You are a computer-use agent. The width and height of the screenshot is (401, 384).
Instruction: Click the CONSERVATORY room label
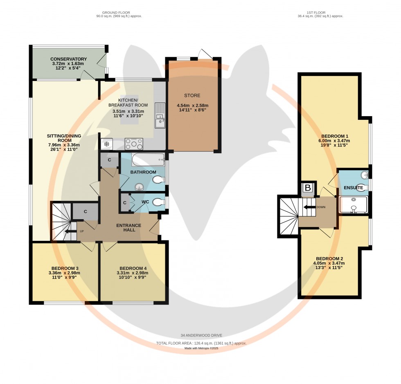pos(69,59)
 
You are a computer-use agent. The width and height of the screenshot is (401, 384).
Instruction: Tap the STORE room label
pos(192,96)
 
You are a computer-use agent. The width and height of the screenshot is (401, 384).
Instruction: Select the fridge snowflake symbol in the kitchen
pos(106,144)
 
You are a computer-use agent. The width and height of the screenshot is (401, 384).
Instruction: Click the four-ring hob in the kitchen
pos(134,144)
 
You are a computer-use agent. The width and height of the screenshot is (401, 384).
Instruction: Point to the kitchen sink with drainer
pos(160,115)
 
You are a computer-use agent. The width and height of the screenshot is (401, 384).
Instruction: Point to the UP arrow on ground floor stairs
pos(72,231)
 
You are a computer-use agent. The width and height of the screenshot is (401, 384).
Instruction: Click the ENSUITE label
pos(354,188)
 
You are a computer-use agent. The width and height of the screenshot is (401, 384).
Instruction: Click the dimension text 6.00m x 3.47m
pos(335,140)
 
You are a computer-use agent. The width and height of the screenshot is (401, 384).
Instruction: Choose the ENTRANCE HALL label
pos(128,227)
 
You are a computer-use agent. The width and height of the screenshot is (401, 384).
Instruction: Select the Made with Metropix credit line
pos(201,348)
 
